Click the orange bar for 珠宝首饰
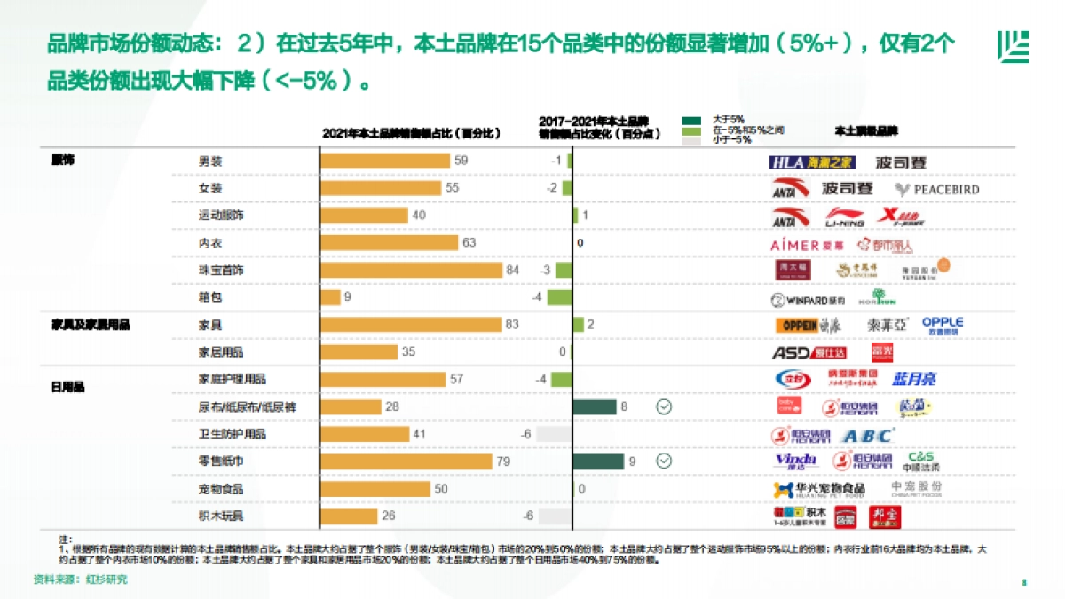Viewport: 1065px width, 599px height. tap(412, 270)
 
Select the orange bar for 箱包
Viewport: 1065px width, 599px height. tap(330, 297)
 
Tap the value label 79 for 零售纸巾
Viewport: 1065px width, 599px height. tap(503, 461)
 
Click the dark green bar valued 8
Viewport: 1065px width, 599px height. tap(595, 406)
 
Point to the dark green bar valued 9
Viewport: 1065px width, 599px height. tap(598, 461)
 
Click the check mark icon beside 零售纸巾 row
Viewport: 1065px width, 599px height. tap(664, 461)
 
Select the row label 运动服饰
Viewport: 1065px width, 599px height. tap(221, 216)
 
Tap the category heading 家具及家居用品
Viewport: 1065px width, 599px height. tap(91, 325)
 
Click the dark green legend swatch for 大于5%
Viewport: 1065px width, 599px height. tap(692, 119)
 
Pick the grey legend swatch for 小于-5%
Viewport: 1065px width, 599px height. tap(692, 140)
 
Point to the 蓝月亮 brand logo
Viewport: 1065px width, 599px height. tap(914, 380)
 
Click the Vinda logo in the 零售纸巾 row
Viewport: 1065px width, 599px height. tap(795, 461)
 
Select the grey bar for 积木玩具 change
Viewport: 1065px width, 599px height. tap(554, 516)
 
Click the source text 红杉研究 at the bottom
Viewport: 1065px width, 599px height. tap(106, 579)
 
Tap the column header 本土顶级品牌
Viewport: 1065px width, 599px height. tap(866, 130)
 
